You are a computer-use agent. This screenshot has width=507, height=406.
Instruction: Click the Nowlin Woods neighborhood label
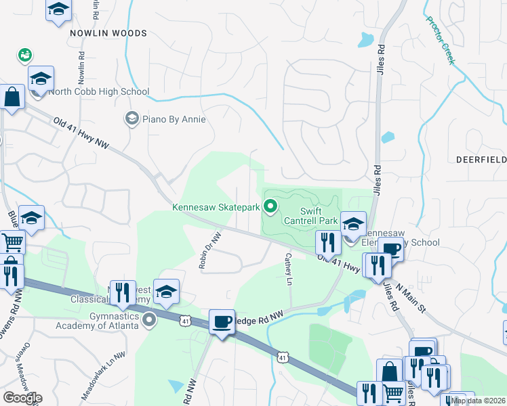(108, 33)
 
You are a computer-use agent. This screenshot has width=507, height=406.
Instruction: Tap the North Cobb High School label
(99, 92)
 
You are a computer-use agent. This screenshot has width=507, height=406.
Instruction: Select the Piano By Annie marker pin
(131, 119)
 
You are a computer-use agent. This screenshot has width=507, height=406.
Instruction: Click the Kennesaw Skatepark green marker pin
(271, 207)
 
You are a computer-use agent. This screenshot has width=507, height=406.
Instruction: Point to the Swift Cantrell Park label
(319, 216)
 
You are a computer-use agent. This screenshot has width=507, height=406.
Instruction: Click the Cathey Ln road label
(289, 269)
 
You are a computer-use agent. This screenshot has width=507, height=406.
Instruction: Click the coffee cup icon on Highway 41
(222, 322)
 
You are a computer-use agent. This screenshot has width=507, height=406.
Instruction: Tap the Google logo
(22, 398)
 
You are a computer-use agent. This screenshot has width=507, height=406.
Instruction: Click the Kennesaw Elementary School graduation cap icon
(353, 225)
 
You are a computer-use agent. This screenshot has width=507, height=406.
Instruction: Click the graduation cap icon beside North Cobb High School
(41, 79)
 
